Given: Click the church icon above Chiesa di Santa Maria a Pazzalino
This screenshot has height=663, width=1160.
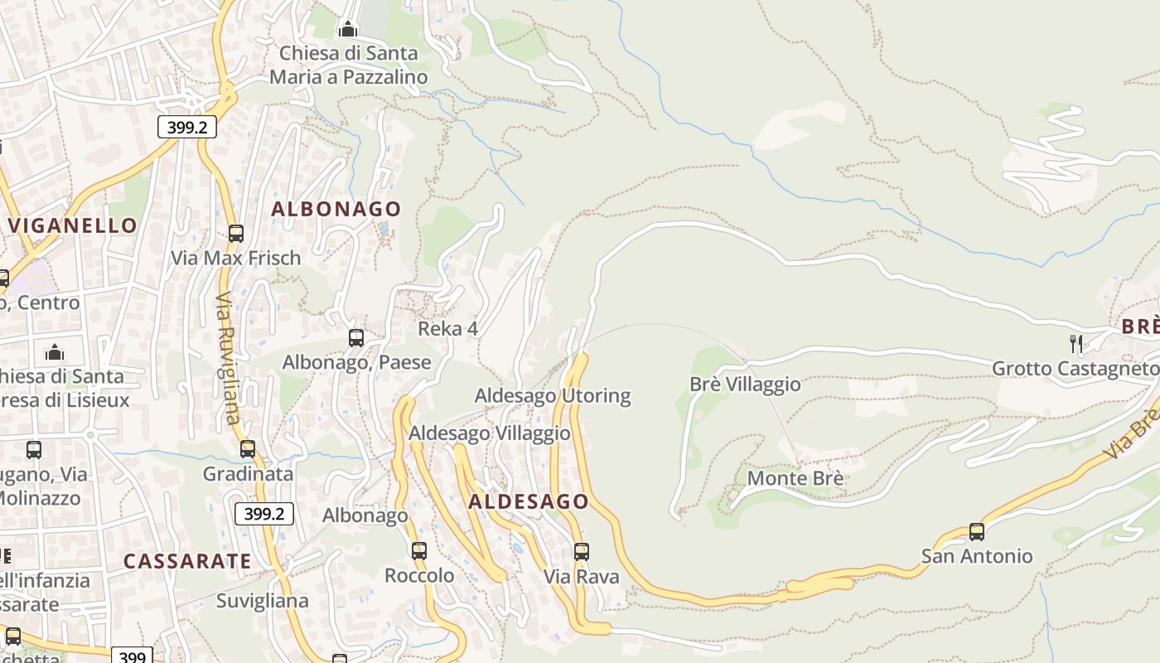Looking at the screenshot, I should tap(348, 30).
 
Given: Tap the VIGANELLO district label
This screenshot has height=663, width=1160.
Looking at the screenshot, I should tap(73, 225).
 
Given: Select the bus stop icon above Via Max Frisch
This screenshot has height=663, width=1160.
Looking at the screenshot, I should tap(236, 234).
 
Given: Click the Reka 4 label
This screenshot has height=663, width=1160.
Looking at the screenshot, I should tap(447, 329).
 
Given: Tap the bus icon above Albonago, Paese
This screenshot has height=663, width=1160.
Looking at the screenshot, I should tap(356, 338).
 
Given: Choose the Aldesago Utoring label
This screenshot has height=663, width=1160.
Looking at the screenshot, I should tap(552, 396).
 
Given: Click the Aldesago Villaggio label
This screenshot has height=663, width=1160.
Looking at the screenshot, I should tap(490, 433).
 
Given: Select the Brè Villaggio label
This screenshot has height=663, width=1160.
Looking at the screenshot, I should tap(745, 385).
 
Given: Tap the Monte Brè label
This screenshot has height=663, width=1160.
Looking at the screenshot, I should tap(795, 478).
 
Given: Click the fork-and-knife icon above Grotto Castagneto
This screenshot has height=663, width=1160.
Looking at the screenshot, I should tap(1076, 343).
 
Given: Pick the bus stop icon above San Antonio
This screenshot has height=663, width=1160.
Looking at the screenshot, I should tap(977, 532).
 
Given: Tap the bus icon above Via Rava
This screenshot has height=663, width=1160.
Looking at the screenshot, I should tap(582, 552).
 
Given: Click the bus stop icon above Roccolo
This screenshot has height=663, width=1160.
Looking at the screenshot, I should tap(419, 551).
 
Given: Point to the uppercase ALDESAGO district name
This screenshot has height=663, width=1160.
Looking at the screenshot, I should tap(529, 501).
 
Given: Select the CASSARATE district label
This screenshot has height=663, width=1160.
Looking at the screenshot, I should tap(187, 561).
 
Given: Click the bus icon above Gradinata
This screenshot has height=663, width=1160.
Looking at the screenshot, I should tap(248, 449).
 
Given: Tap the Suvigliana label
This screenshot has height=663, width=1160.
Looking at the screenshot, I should tap(262, 601).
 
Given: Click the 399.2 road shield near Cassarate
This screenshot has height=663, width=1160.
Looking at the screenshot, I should tap(264, 514).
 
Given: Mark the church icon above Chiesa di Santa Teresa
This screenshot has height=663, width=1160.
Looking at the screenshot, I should tap(55, 352).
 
